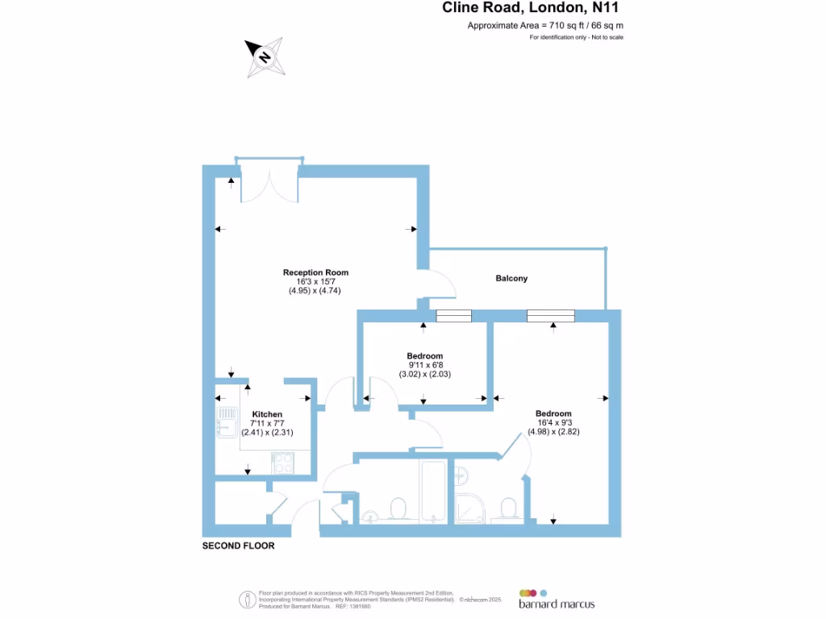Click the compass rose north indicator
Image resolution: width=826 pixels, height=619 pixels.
265,57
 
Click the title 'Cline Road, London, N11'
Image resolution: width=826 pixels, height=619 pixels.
532,8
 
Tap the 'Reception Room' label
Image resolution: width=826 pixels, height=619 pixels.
315,272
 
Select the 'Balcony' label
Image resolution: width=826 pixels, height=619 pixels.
511,279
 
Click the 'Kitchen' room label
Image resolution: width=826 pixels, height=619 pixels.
266,414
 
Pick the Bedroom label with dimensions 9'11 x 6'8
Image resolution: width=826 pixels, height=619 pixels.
424,356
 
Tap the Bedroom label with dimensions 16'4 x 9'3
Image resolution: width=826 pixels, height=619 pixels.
553,414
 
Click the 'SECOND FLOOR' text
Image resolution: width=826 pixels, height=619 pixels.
238,546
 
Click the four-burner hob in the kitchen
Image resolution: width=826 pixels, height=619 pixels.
283,463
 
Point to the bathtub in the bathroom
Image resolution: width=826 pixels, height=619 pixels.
433,492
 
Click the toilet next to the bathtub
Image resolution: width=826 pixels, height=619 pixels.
398,509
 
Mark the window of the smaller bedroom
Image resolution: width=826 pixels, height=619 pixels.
453,316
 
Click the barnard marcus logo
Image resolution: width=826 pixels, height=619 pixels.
557,597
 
